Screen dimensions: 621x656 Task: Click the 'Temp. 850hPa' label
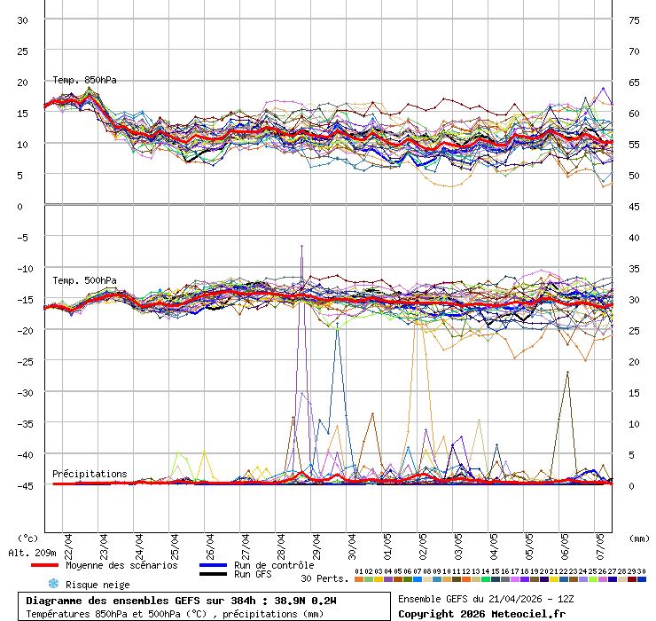pos(84,80)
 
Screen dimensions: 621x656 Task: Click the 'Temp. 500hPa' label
pos(84,280)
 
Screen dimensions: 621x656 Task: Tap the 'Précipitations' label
pos(90,474)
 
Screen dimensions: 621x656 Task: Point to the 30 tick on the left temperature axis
pos(22,20)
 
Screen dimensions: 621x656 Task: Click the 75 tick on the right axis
pos(634,20)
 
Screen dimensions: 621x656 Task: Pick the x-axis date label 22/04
pos(68,543)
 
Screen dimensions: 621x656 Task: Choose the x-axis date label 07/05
pos(600,543)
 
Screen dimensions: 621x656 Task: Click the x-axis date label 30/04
pos(352,543)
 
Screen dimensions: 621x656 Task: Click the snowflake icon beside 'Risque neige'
pos(52,584)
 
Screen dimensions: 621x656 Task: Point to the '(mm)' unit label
pos(639,538)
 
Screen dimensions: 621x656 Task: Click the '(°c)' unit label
pos(28,538)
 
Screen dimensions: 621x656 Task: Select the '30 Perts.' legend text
pos(324,578)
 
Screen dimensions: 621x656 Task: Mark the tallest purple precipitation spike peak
pos(301,246)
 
